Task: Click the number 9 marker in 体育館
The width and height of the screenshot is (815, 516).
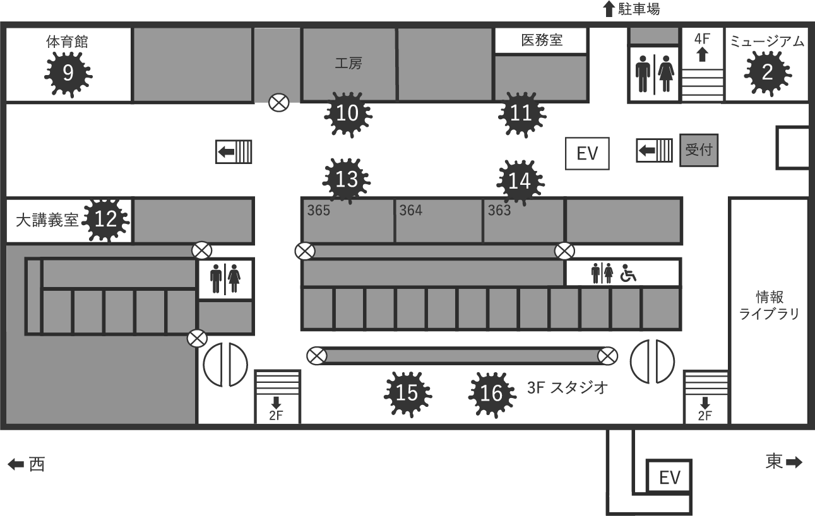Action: pyautogui.click(x=68, y=74)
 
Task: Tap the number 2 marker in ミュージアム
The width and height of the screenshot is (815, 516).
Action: pyautogui.click(x=767, y=72)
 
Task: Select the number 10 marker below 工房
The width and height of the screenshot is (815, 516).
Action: pyautogui.click(x=347, y=114)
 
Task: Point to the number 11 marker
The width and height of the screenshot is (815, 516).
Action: pyautogui.click(x=521, y=114)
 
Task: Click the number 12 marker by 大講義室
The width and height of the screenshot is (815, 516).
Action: pyautogui.click(x=105, y=220)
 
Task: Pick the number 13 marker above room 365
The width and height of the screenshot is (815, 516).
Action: pyautogui.click(x=347, y=180)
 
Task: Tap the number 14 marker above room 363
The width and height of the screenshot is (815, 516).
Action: pyautogui.click(x=520, y=182)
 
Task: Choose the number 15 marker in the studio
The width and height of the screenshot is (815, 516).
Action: pyautogui.click(x=407, y=394)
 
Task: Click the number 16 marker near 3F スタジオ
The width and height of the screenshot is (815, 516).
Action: pyautogui.click(x=491, y=394)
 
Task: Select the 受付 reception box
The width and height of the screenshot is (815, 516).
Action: pyautogui.click(x=698, y=151)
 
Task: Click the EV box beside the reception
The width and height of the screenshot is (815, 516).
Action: pyautogui.click(x=587, y=154)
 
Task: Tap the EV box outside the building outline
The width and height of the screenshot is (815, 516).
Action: pyautogui.click(x=669, y=478)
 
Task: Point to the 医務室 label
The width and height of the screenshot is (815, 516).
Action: pyautogui.click(x=542, y=40)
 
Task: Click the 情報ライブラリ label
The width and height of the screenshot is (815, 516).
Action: pyautogui.click(x=769, y=305)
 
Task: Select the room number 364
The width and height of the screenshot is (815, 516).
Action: pyautogui.click(x=410, y=210)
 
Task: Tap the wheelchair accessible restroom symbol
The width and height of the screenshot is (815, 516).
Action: pyautogui.click(x=628, y=274)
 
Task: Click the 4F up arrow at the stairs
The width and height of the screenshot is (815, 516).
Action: pyautogui.click(x=702, y=54)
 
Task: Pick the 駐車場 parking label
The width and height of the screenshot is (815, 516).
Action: pyautogui.click(x=638, y=9)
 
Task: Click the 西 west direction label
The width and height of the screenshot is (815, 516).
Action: pyautogui.click(x=37, y=465)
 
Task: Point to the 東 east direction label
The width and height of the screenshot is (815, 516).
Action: pyautogui.click(x=775, y=462)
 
